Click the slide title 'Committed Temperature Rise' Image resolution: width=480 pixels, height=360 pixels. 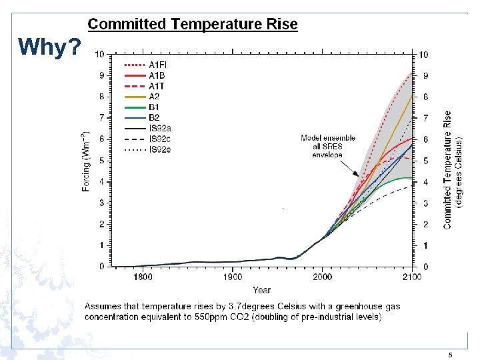tap(193, 25)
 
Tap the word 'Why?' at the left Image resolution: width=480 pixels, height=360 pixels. tap(50, 47)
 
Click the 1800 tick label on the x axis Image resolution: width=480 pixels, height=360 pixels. tap(143, 277)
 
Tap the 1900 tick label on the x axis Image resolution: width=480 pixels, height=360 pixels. tap(232, 277)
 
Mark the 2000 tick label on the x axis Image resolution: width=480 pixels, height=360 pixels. tap(322, 277)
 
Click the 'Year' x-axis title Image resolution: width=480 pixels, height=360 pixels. tap(261, 290)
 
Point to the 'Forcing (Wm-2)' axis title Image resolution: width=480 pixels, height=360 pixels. tap(86, 161)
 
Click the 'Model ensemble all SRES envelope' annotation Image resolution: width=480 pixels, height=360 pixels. tap(327, 147)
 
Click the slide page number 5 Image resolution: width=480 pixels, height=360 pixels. tap(451, 355)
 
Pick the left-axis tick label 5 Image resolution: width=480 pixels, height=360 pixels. tap(101, 161)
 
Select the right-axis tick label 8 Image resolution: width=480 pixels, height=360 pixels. tap(425, 97)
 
